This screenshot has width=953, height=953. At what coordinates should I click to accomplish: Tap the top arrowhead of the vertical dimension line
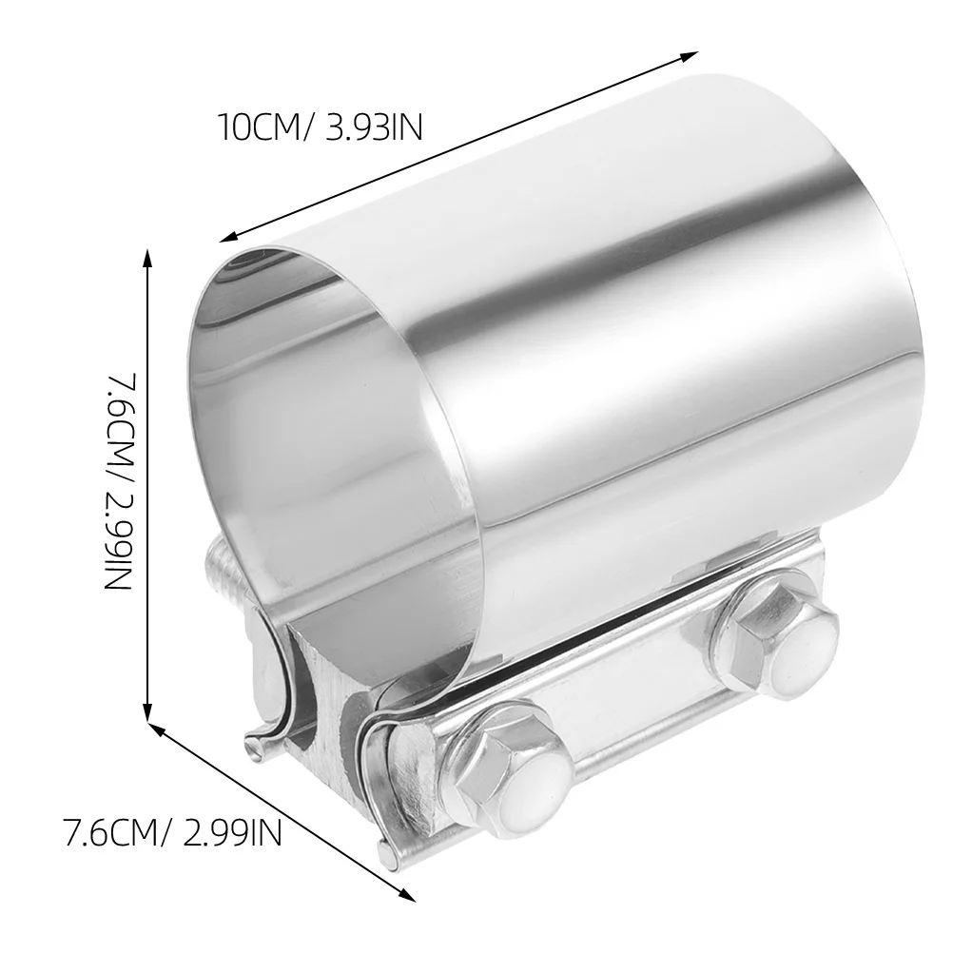147,253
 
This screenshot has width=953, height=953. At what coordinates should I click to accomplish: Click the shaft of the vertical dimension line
147,476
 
